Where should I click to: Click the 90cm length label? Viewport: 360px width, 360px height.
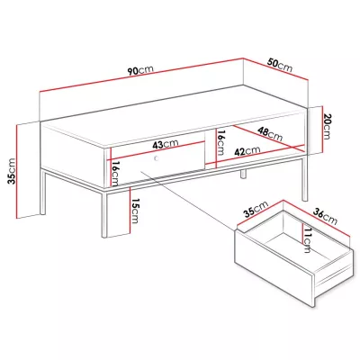140,70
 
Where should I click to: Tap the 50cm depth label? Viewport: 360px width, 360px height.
280,65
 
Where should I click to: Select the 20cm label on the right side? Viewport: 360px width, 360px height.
327,126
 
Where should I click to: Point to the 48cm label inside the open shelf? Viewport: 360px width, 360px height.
270,134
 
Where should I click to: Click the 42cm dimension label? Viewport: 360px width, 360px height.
247,151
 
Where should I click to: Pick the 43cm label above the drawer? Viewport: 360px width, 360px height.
166,144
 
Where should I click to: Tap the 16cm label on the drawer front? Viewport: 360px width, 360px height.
115,173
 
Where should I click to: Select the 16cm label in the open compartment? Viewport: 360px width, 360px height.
220,142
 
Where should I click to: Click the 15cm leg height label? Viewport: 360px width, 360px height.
135,211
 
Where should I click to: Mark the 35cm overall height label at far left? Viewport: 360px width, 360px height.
12,171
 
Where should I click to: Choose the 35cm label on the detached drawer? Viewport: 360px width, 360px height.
256,209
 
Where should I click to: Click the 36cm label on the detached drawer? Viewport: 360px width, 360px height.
325,217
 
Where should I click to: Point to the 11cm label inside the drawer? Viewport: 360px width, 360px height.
307,239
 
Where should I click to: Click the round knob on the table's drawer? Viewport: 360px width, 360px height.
157,158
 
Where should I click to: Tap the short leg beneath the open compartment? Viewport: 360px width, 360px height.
243,174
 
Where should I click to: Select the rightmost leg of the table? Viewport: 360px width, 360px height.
305,176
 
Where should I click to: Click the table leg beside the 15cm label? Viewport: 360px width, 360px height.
104,213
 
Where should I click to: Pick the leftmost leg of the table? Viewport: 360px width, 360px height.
43,192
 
